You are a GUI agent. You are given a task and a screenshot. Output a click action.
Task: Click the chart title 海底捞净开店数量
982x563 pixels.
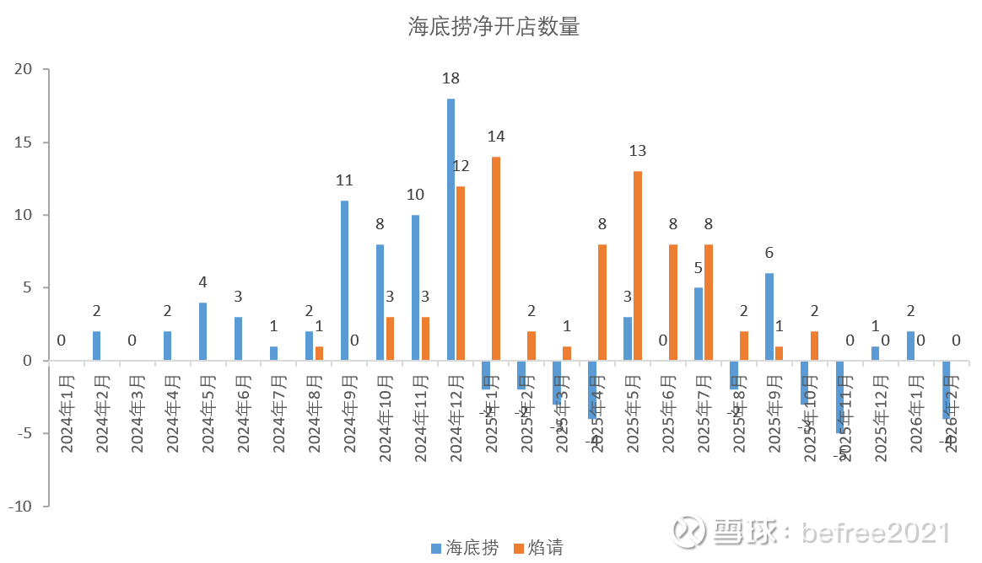(x=494, y=27)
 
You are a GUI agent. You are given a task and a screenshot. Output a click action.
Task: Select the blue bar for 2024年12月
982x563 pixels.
(x=451, y=229)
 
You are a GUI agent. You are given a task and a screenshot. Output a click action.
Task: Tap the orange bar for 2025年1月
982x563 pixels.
(x=496, y=258)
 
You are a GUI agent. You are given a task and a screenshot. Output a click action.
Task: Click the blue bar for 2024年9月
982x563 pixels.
(x=344, y=280)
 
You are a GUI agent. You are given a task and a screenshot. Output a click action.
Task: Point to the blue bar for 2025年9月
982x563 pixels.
(x=769, y=316)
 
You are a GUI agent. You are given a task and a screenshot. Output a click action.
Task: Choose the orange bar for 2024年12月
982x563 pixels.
(x=461, y=273)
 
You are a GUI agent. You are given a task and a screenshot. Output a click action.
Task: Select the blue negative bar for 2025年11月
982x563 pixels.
(x=840, y=396)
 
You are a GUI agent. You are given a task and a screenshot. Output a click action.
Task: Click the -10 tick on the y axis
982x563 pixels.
(x=20, y=507)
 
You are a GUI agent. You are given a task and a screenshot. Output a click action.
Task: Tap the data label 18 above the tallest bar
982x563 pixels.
(x=451, y=78)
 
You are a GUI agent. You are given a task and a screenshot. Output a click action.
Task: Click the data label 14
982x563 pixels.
(x=496, y=136)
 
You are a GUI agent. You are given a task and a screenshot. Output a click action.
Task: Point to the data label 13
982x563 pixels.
(x=638, y=151)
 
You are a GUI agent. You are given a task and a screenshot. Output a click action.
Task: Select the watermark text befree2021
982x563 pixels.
(x=877, y=533)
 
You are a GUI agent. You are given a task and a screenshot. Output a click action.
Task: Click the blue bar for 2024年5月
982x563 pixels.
(x=202, y=331)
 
